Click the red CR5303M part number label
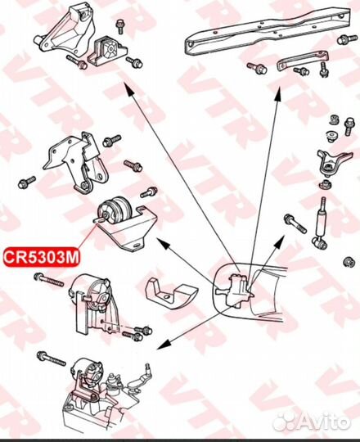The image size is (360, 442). [42, 256]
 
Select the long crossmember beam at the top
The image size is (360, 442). [268, 32]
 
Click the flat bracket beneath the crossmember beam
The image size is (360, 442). [303, 60]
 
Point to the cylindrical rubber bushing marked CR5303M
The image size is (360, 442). [115, 211]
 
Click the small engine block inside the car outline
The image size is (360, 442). [236, 291]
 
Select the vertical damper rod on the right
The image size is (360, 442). [321, 223]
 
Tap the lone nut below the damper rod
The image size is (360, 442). [349, 262]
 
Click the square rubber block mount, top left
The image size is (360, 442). [109, 51]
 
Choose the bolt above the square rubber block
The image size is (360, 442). [120, 26]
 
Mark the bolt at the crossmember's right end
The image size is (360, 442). [347, 39]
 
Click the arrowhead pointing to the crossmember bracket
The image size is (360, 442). [277, 94]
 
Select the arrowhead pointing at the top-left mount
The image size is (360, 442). [128, 90]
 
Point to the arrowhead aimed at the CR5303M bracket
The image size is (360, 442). [163, 243]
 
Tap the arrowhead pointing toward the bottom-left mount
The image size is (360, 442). [164, 345]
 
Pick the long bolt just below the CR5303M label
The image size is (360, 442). [48, 280]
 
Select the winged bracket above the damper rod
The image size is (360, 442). [334, 161]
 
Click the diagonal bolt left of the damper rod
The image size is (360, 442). [295, 223]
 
